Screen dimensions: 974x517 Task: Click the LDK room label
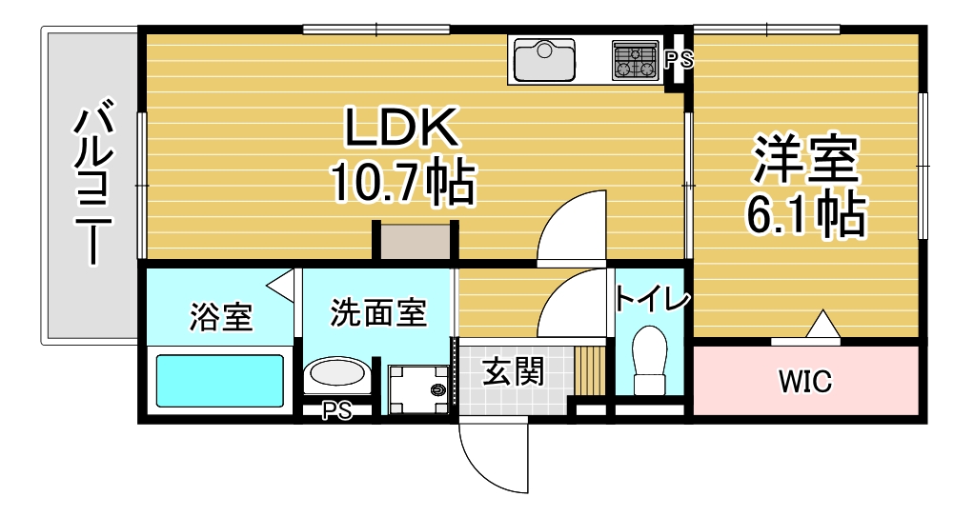401,128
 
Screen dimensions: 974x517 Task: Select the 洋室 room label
805,159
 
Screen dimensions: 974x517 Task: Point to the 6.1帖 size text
805,214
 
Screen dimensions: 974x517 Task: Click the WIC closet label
805,381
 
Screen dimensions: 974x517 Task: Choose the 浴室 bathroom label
221,317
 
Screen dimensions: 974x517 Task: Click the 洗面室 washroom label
378,312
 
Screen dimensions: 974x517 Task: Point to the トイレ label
652,300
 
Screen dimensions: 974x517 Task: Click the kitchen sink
545,60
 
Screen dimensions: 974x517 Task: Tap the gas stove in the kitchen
635,60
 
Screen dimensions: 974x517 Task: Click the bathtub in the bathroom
220,380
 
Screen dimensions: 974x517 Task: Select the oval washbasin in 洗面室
337,373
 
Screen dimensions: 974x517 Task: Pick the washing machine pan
418,389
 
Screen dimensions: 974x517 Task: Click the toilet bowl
649,360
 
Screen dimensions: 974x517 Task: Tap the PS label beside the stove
679,60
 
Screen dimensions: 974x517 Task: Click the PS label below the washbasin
336,410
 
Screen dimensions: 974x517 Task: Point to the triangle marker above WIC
823,324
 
